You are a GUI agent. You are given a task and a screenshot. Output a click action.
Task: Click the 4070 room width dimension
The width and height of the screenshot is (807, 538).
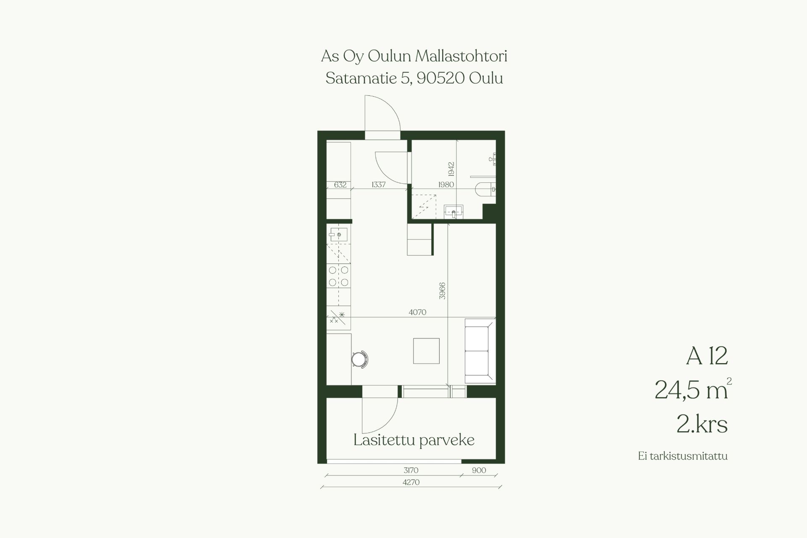pyautogui.click(x=417, y=312)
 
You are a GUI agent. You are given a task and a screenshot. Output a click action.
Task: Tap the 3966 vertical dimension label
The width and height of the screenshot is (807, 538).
pyautogui.click(x=442, y=291)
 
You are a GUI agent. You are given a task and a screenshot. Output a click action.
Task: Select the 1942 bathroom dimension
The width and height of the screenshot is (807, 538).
pyautogui.click(x=451, y=169)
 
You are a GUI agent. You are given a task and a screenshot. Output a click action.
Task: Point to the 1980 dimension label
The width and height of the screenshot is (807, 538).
pyautogui.click(x=446, y=185)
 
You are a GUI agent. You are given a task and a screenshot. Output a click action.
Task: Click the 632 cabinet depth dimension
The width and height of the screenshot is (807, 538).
pyautogui.click(x=340, y=185)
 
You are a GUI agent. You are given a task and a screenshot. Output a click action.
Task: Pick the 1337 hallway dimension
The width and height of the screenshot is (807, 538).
pyautogui.click(x=378, y=185)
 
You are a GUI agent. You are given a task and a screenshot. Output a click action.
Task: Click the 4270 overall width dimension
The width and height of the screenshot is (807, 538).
pyautogui.click(x=411, y=483)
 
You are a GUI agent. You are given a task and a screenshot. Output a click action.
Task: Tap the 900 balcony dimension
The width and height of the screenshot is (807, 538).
pyautogui.click(x=479, y=470)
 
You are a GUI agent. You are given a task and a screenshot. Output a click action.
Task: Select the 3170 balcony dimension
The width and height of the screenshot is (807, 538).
pyautogui.click(x=411, y=470)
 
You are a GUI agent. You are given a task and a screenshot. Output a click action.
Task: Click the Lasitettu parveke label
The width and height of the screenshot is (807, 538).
pyautogui.click(x=414, y=440)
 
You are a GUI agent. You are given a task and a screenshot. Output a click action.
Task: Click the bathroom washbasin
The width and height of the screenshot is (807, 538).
pyautogui.click(x=454, y=211)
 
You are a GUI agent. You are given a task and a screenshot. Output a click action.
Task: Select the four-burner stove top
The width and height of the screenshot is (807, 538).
pyautogui.click(x=338, y=276)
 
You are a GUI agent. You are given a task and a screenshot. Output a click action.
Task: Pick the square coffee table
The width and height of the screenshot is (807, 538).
pyautogui.click(x=426, y=351)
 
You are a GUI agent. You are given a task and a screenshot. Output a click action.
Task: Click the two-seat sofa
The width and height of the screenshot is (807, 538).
pyautogui.click(x=480, y=351)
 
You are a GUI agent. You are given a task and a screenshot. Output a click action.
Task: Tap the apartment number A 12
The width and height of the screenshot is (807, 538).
pyautogui.click(x=707, y=356)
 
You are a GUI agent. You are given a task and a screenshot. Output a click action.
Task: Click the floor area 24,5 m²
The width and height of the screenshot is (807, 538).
pyautogui.click(x=693, y=390)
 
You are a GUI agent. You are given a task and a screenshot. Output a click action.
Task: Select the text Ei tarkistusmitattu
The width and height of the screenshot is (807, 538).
pyautogui.click(x=683, y=456)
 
